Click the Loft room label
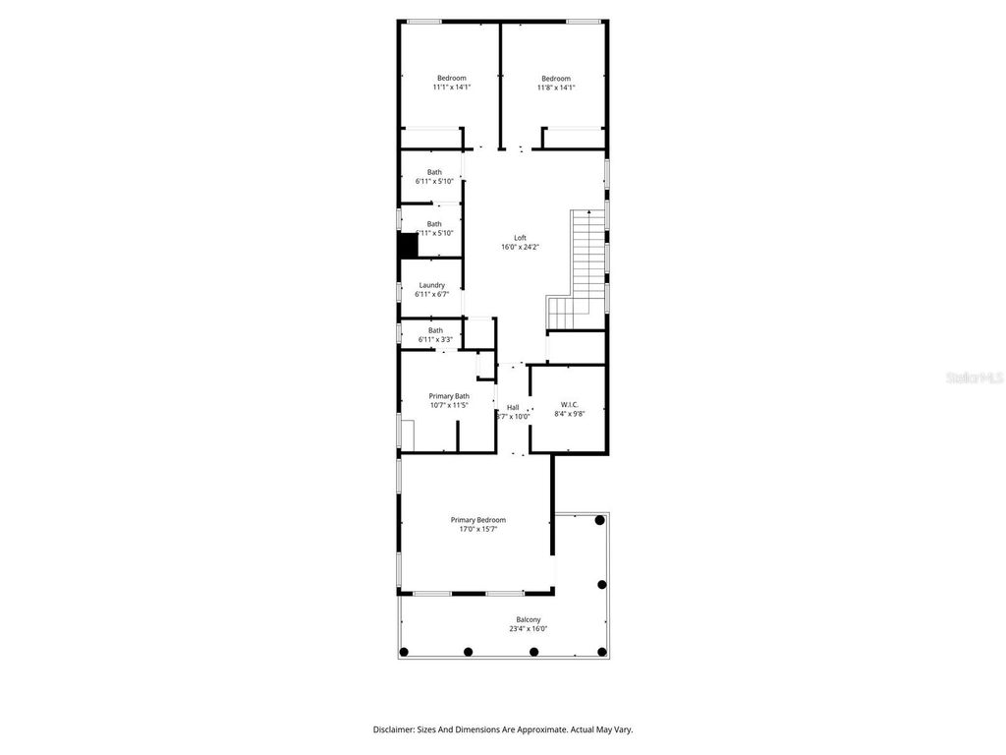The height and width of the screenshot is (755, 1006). coord(521,238)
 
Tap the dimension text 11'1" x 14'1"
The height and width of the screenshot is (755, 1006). coord(452,87)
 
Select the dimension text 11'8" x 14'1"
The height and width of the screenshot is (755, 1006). coord(556,87)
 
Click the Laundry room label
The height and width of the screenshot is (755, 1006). coord(432,285)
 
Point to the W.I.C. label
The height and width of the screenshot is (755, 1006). coord(570,405)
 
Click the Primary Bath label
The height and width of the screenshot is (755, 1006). coord(449,396)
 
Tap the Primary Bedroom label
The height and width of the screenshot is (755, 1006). coord(478,520)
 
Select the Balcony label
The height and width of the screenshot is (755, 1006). coord(529,619)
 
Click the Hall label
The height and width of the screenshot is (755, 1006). coord(513,407)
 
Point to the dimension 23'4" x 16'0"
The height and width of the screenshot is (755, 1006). coord(529,629)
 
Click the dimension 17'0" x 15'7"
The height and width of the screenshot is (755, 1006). coord(478,529)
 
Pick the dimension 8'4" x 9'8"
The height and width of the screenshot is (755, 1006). coord(570,414)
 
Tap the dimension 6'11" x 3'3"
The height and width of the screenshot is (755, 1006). coord(435,339)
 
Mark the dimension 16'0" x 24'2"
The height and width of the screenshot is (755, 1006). coord(521,247)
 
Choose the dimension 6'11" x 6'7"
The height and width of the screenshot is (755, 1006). coord(432,294)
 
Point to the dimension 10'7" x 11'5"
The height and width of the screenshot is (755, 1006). coord(449,405)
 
